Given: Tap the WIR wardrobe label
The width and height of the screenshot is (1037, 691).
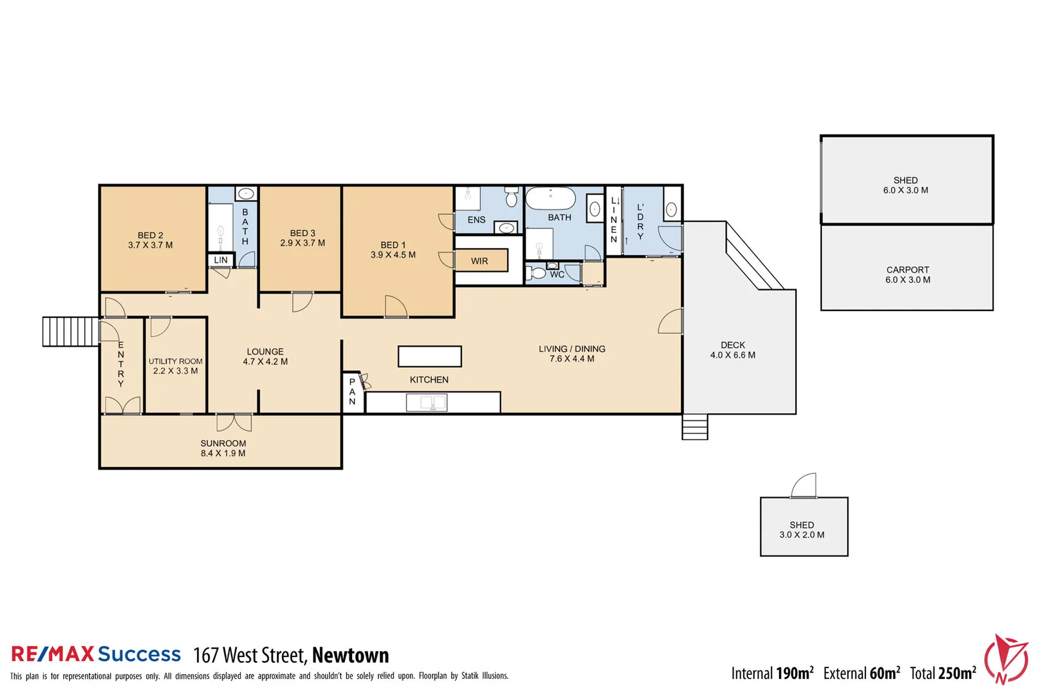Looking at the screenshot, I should pos(479,261).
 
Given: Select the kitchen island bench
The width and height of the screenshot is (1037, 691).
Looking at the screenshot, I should pos(430,356).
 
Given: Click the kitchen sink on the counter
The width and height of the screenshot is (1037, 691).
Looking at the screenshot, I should pos(426,402).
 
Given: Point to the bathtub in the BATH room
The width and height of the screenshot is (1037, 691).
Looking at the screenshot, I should pos(551,198).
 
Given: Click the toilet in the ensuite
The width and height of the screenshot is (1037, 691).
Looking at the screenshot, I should pos(511,197).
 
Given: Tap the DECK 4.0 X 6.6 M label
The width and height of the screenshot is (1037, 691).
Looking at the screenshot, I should pos(733,350).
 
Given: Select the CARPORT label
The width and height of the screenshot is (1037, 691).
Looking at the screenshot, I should pos(907,270).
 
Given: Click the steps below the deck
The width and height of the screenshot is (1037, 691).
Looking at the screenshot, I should pos(695,427).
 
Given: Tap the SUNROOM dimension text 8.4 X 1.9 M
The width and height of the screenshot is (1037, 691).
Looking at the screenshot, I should pos(223,454).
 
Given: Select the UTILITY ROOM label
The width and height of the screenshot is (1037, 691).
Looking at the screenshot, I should pos(175,361).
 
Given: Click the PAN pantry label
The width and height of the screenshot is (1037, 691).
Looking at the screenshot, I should pos(352,392).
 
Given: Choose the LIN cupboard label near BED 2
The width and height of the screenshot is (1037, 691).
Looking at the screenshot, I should pos(221,260).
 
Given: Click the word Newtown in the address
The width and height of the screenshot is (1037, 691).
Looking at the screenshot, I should pos(350,656).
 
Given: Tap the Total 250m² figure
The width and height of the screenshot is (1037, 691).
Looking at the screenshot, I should pos(943,673).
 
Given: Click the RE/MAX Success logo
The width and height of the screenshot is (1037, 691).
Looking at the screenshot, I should pos(96,654).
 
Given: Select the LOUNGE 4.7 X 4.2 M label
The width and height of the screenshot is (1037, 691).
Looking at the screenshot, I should pos(265,356).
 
